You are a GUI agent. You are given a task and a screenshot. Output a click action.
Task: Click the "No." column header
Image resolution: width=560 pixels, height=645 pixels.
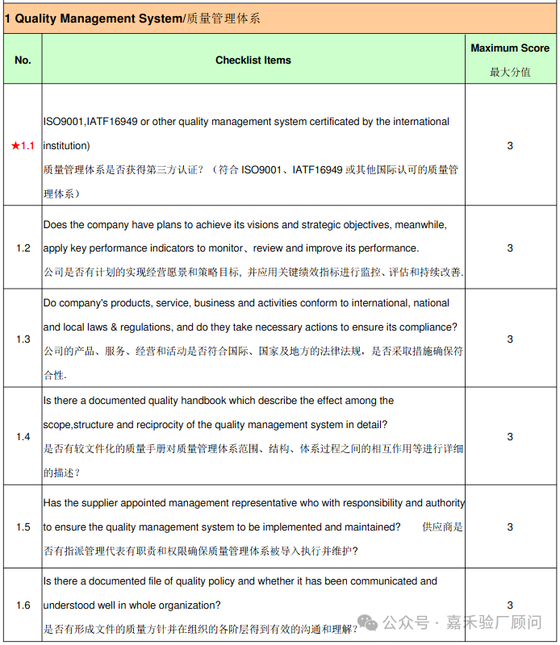(x=23, y=60)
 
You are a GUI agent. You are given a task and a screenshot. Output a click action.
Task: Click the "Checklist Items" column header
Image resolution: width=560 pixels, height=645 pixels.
(x=253, y=60)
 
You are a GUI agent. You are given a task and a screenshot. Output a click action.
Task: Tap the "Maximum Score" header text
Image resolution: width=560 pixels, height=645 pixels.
(x=510, y=48)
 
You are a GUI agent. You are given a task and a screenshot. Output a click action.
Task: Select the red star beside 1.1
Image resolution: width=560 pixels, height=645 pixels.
(x=15, y=146)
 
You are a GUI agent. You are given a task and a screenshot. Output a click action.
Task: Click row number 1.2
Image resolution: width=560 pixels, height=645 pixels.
(x=23, y=248)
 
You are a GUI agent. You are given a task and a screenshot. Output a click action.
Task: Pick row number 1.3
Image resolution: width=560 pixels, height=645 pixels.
(x=23, y=339)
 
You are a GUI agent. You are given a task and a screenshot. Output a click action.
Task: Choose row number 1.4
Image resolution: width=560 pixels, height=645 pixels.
(x=23, y=437)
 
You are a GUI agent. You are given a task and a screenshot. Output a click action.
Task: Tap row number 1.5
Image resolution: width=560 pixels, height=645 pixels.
(x=23, y=527)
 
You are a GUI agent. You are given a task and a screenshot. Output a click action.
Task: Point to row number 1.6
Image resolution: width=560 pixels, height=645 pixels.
(x=23, y=605)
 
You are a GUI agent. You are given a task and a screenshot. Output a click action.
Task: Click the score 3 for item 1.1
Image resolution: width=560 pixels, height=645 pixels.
(x=510, y=146)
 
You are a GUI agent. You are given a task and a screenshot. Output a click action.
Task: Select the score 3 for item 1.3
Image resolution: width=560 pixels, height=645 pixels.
(x=510, y=339)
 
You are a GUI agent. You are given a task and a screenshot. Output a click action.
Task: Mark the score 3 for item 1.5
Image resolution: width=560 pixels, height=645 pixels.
(x=510, y=527)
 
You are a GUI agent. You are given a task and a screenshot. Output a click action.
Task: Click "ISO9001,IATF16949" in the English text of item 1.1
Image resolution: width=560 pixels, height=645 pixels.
(x=89, y=122)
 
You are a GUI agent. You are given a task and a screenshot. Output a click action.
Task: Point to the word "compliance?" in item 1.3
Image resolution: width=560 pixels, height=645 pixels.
(x=429, y=327)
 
